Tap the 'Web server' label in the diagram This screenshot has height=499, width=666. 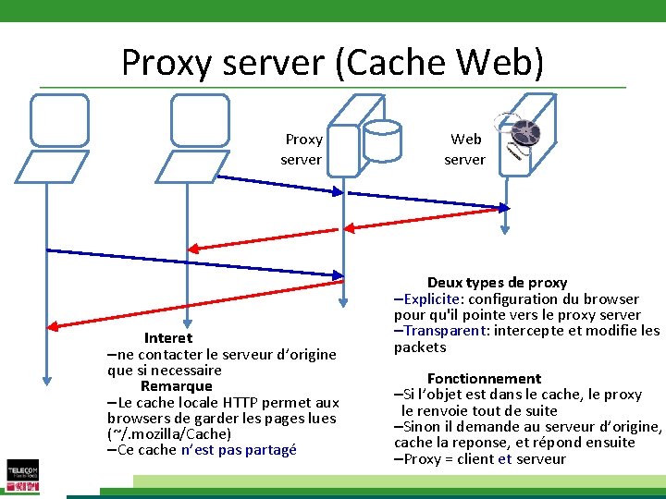click(x=464, y=150)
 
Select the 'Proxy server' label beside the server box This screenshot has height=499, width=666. click(x=302, y=150)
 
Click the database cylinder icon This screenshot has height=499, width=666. click(x=382, y=140)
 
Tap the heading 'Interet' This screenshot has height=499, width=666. click(x=168, y=338)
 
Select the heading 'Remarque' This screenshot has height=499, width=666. click(x=177, y=386)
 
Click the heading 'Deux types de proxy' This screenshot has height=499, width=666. click(x=497, y=283)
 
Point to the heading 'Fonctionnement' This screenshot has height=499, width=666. click(x=484, y=379)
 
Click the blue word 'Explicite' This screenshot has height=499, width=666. click(x=433, y=299)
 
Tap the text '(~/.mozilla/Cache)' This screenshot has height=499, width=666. click(x=169, y=434)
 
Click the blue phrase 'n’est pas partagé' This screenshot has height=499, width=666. click(x=239, y=450)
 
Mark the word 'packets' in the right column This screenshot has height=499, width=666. click(x=420, y=347)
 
